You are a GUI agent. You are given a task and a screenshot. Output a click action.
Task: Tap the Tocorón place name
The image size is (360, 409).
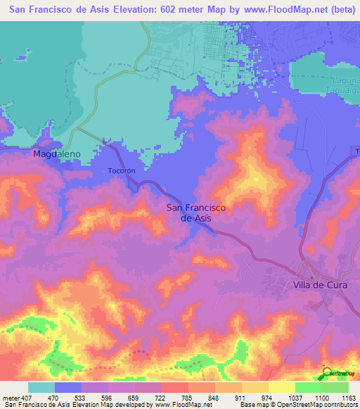(121, 170)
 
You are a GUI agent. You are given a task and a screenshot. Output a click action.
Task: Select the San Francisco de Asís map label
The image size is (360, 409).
(195, 212)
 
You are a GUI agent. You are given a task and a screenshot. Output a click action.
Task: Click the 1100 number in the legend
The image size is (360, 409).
(322, 397)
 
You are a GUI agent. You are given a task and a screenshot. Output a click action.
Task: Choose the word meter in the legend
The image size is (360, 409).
(10, 397)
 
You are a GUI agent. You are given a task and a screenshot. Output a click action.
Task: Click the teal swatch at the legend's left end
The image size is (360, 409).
(41, 387)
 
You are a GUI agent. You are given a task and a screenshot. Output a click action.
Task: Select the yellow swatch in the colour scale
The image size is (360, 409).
(282, 387)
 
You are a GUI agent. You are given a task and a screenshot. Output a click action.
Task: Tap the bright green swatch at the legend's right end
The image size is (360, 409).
(335, 387)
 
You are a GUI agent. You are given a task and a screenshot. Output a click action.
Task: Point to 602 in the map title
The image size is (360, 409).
(167, 9)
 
